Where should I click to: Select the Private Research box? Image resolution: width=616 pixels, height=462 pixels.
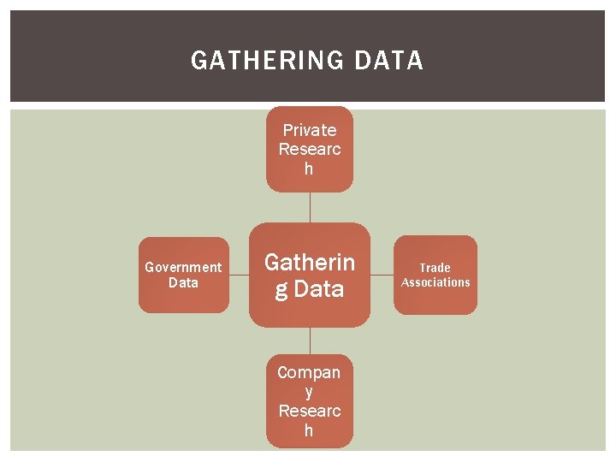[309, 150]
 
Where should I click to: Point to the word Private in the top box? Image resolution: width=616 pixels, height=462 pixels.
[309, 130]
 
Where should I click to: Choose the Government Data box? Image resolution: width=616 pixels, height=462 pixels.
[184, 275]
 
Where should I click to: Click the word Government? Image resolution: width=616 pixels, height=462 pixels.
[183, 267]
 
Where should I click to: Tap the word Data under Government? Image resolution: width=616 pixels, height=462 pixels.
[183, 282]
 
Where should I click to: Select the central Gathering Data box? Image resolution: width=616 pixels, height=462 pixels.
[309, 275]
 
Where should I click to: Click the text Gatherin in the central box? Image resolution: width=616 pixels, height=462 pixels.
[309, 261]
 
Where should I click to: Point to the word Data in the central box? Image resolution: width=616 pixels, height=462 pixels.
[318, 289]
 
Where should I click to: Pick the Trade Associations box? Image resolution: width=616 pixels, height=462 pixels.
[435, 275]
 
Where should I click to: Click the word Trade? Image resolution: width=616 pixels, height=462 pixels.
[435, 268]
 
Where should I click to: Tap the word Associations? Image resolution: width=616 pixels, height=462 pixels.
[435, 282]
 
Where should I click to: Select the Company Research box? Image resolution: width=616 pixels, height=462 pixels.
[309, 401]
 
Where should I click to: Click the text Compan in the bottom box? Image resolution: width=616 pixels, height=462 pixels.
[309, 372]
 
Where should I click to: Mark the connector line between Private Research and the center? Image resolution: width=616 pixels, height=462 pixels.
[310, 207]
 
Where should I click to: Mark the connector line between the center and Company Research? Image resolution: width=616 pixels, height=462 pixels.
[310, 341]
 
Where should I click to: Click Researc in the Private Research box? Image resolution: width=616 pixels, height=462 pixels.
[309, 149]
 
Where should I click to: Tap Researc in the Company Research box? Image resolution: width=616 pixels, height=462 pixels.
[309, 411]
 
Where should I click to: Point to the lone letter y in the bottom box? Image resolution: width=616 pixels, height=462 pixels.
[309, 392]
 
